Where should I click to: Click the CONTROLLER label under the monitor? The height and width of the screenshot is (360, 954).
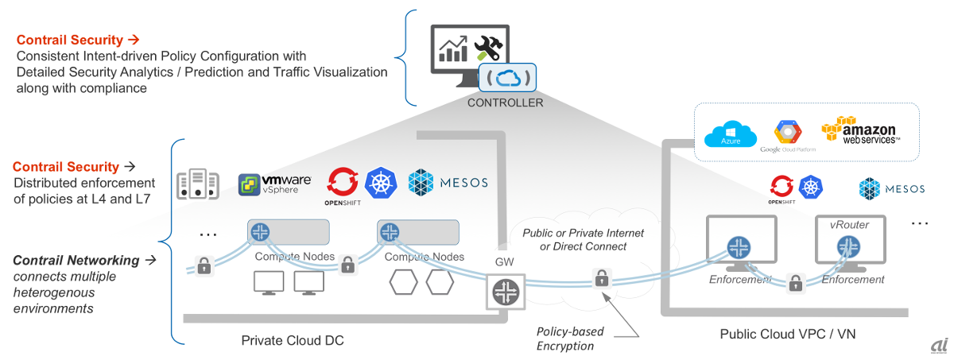506,103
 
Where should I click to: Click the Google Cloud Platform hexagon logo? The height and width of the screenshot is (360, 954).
786,132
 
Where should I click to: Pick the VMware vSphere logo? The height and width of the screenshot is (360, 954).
275,184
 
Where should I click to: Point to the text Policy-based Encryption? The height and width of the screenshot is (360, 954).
570,339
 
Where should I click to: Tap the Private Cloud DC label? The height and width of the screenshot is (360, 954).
293,340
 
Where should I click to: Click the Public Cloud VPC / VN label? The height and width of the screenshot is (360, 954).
788,335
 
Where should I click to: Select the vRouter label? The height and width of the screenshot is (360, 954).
850,224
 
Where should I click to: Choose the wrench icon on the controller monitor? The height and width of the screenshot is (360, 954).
488,48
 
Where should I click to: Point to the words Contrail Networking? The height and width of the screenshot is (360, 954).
76,261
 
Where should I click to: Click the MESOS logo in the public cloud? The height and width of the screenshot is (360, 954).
892,188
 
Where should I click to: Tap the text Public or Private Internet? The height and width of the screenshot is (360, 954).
583,233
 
